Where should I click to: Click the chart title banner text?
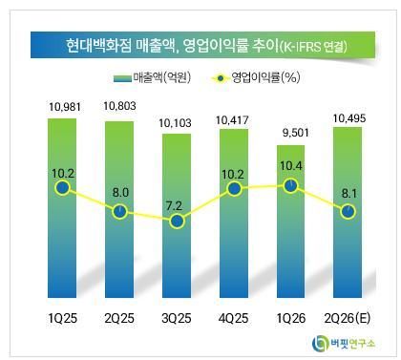(x=206, y=46)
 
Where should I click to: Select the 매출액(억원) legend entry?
(x=152, y=77)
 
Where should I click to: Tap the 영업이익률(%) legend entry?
(x=256, y=77)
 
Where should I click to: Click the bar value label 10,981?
(x=65, y=107)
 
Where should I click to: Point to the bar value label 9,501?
(x=296, y=133)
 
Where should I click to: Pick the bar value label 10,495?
(x=349, y=118)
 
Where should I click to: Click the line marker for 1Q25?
(x=62, y=187)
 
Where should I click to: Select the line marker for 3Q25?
(x=177, y=221)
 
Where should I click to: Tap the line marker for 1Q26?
(x=291, y=185)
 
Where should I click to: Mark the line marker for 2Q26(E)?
(x=348, y=212)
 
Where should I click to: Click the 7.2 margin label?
(x=174, y=206)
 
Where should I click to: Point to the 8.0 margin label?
(x=120, y=193)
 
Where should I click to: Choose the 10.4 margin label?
(x=291, y=166)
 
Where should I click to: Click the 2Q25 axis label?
(x=119, y=318)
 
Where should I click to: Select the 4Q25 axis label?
(x=234, y=318)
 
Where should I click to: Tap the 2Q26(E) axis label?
(x=348, y=318)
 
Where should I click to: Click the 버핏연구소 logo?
(x=344, y=344)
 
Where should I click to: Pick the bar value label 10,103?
(x=176, y=123)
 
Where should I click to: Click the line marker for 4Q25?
(x=234, y=188)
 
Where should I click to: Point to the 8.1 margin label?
(x=349, y=193)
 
